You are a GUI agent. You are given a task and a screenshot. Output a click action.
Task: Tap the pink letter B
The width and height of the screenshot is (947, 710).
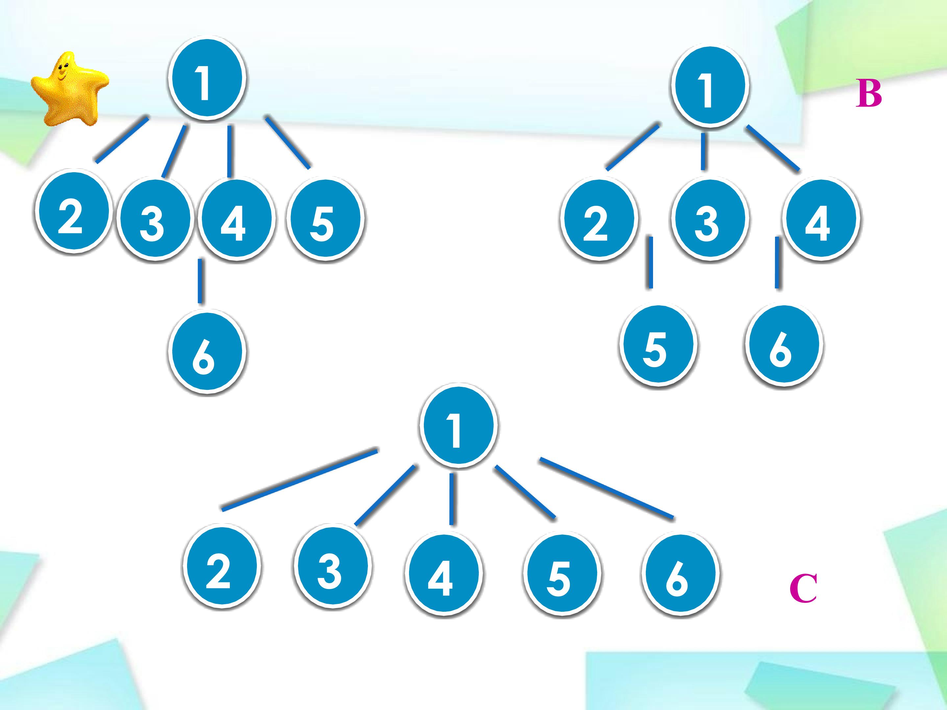click(x=868, y=94)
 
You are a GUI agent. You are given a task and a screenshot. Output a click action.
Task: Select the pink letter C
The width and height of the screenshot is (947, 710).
click(x=803, y=589)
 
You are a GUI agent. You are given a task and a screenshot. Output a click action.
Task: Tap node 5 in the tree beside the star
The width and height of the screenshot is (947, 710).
click(x=325, y=220)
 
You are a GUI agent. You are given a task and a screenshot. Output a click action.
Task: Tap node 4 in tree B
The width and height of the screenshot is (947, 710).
click(x=821, y=220)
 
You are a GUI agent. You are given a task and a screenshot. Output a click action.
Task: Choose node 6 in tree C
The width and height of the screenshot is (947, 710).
click(x=680, y=575)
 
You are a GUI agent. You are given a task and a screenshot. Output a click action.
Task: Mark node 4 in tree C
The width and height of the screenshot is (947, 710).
click(x=444, y=575)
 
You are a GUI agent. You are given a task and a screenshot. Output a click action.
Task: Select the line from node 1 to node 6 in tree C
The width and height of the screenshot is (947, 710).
click(x=607, y=489)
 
